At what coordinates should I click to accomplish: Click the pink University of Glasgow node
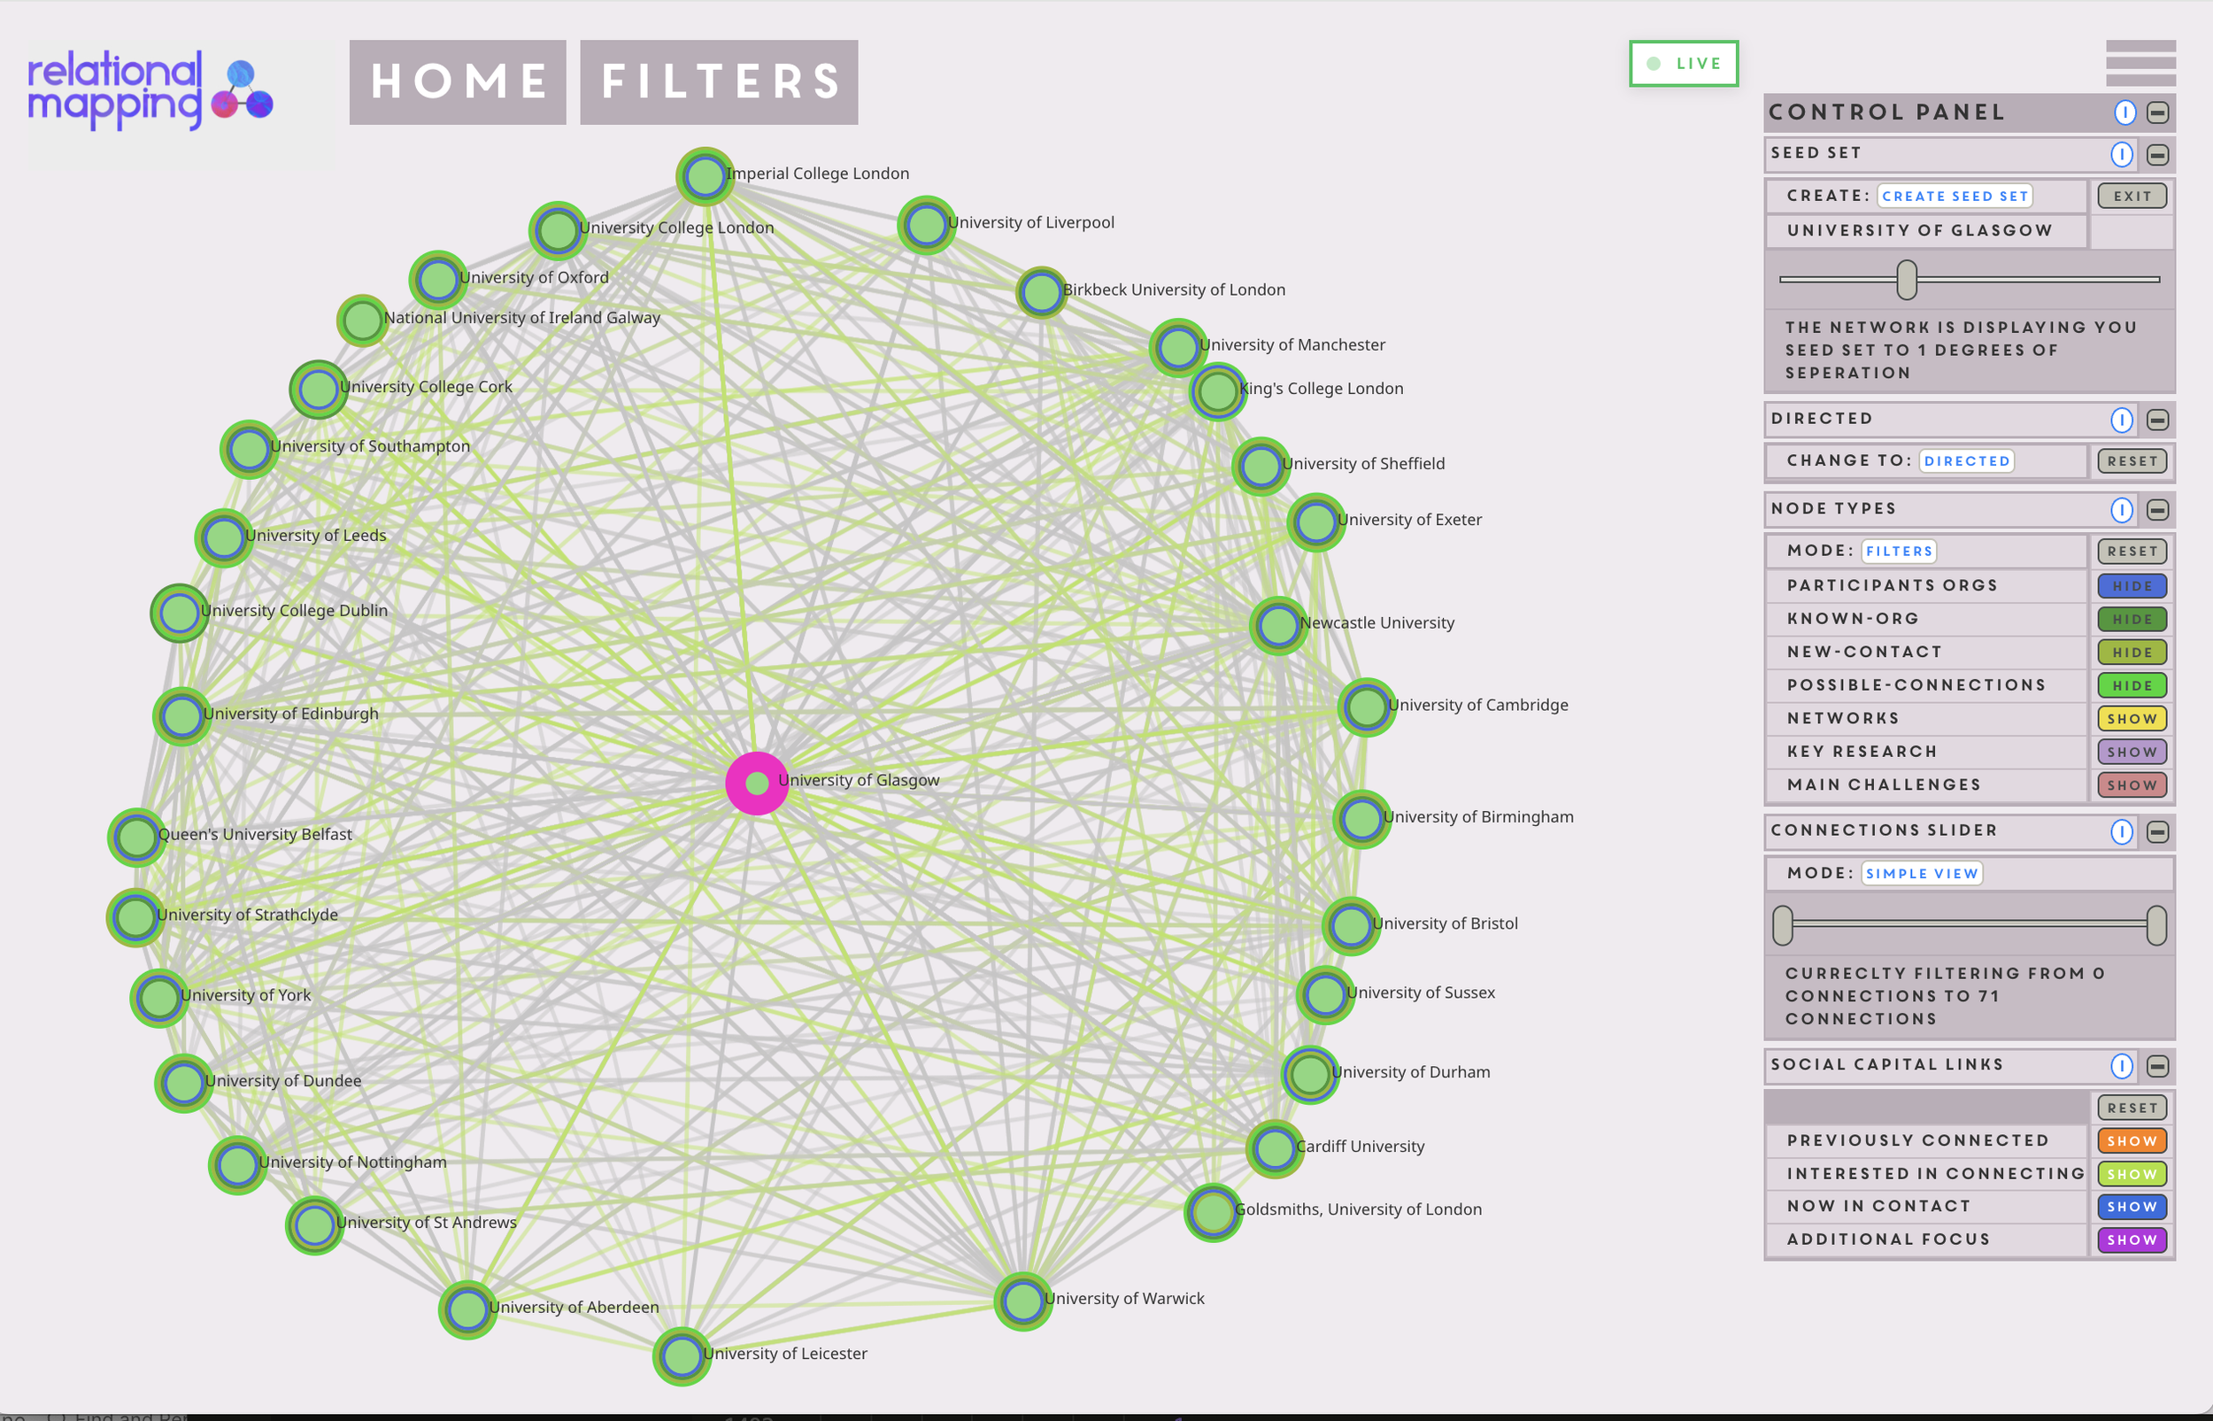pos(757,784)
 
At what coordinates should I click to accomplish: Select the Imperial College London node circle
pos(705,175)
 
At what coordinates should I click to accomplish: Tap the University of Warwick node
pos(1022,1301)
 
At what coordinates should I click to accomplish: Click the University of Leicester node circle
pos(682,1355)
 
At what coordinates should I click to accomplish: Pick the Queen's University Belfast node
pos(136,837)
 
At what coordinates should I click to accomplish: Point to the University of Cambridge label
pos(1477,705)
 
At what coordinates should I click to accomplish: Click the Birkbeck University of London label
pos(1174,290)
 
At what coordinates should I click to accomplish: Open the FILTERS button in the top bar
pos(719,82)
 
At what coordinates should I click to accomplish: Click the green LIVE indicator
pos(1683,64)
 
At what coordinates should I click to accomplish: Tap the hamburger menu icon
pos(2140,63)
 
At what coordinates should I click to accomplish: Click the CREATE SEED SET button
pos(1954,196)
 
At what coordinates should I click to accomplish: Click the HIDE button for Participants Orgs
pos(2131,586)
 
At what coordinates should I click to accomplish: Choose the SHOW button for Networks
pos(2131,719)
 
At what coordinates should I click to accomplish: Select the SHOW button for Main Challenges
pos(2131,785)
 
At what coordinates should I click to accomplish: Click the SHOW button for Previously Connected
pos(2131,1140)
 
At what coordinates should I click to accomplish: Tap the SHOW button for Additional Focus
pos(2131,1240)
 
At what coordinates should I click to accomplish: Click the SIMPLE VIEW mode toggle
pos(1921,873)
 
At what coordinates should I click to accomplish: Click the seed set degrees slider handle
pos(1906,280)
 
